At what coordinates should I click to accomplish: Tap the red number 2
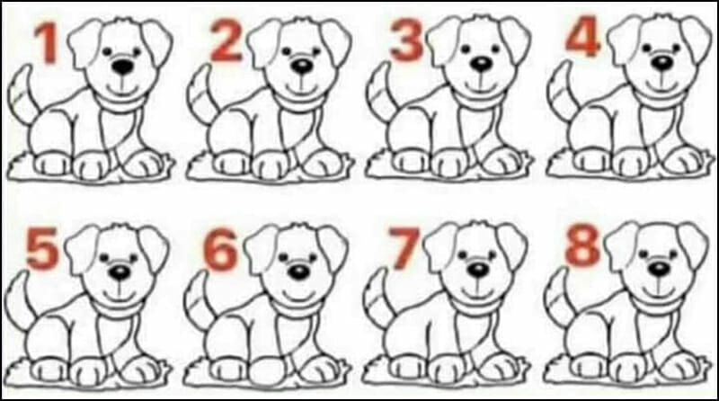[226, 41]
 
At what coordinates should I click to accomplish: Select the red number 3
[406, 40]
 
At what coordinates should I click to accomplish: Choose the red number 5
[43, 250]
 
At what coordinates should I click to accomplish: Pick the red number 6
[221, 250]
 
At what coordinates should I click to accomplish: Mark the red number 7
[403, 249]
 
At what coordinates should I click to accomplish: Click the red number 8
[582, 247]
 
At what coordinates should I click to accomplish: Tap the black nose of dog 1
[123, 67]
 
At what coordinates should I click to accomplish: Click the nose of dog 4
[662, 63]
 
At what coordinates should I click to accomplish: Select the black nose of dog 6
[299, 272]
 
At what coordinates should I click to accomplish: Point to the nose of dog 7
[478, 271]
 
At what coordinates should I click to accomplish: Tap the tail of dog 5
[18, 300]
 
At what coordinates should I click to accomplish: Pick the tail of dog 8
[557, 298]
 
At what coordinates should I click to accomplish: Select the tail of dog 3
[379, 92]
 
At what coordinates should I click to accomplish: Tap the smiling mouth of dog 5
[120, 294]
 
